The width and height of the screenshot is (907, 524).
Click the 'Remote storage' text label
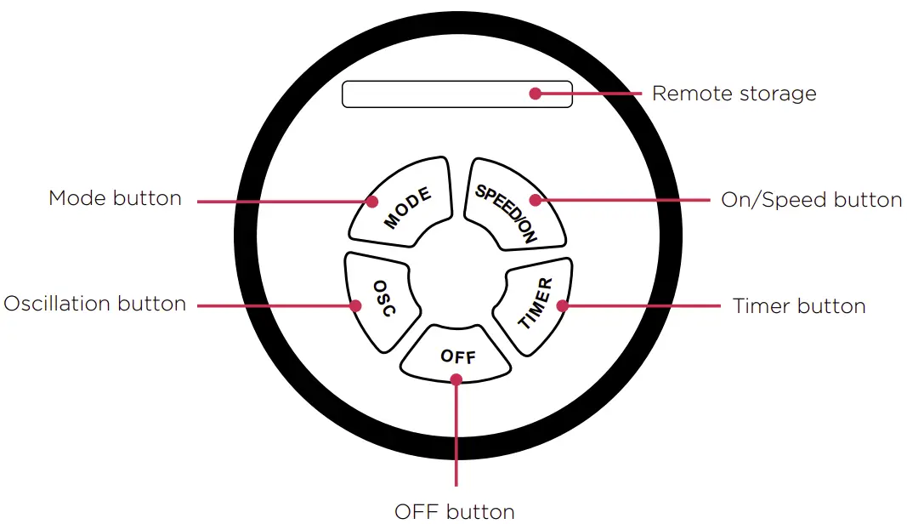coord(734,94)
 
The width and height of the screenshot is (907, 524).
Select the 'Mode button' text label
coord(115,198)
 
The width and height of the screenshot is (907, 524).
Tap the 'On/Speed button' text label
coord(811,200)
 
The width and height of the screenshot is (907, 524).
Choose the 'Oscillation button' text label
coord(94,304)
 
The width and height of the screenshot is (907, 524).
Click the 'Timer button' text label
coord(799,306)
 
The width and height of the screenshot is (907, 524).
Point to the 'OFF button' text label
coord(455,511)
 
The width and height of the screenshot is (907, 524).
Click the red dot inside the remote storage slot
coord(535,94)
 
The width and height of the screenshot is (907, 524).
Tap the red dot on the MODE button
coord(372,202)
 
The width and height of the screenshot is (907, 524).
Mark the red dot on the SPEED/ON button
coord(535,200)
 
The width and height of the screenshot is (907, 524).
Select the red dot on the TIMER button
coord(562,305)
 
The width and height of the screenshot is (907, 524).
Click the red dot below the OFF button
coord(456,379)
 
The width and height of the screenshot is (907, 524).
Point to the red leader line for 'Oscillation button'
coord(272,305)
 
